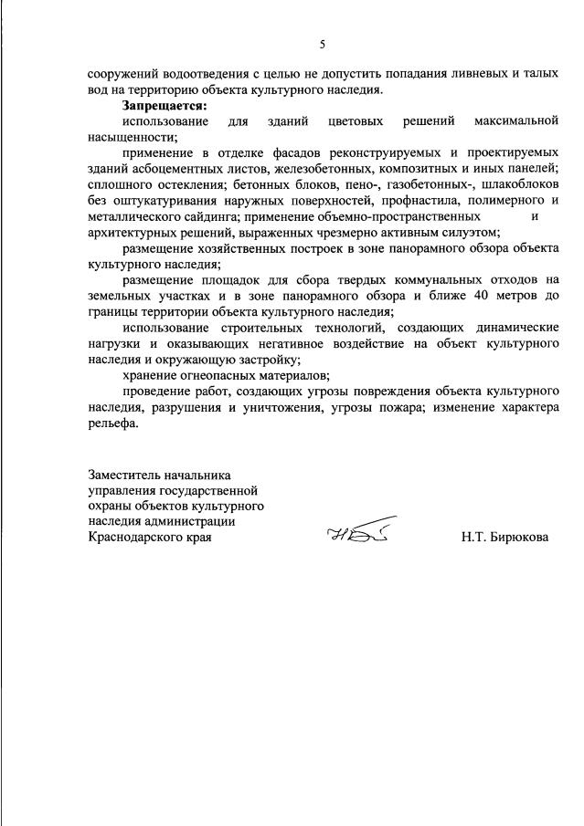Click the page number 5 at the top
(322, 44)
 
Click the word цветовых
(356, 121)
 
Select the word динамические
(507, 327)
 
